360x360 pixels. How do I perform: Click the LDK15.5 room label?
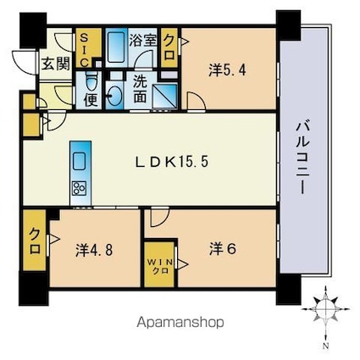pyautogui.click(x=172, y=162)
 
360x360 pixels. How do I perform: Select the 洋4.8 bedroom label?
pyautogui.click(x=94, y=250)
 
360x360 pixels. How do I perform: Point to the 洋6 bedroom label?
pyautogui.click(x=223, y=249)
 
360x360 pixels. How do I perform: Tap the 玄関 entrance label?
pyautogui.click(x=56, y=64)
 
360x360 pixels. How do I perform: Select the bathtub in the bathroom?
pyautogui.click(x=117, y=47)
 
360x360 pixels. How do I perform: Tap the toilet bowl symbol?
pyautogui.click(x=91, y=79)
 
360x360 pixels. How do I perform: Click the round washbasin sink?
pyautogui.click(x=114, y=96)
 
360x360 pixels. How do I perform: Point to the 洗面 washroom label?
pyautogui.click(x=140, y=89)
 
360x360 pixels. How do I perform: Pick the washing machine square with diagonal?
pyautogui.click(x=165, y=96)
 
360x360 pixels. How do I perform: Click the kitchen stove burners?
pyautogui.click(x=79, y=187)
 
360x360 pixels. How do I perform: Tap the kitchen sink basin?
pyautogui.click(x=79, y=162)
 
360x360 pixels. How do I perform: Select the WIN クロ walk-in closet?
pyautogui.click(x=159, y=264)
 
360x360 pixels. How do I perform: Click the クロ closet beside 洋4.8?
pyautogui.click(x=34, y=240)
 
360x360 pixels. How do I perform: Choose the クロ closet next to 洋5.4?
pyautogui.click(x=169, y=47)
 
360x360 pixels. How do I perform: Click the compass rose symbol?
pyautogui.click(x=325, y=308)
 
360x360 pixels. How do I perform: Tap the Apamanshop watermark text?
pyautogui.click(x=180, y=323)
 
